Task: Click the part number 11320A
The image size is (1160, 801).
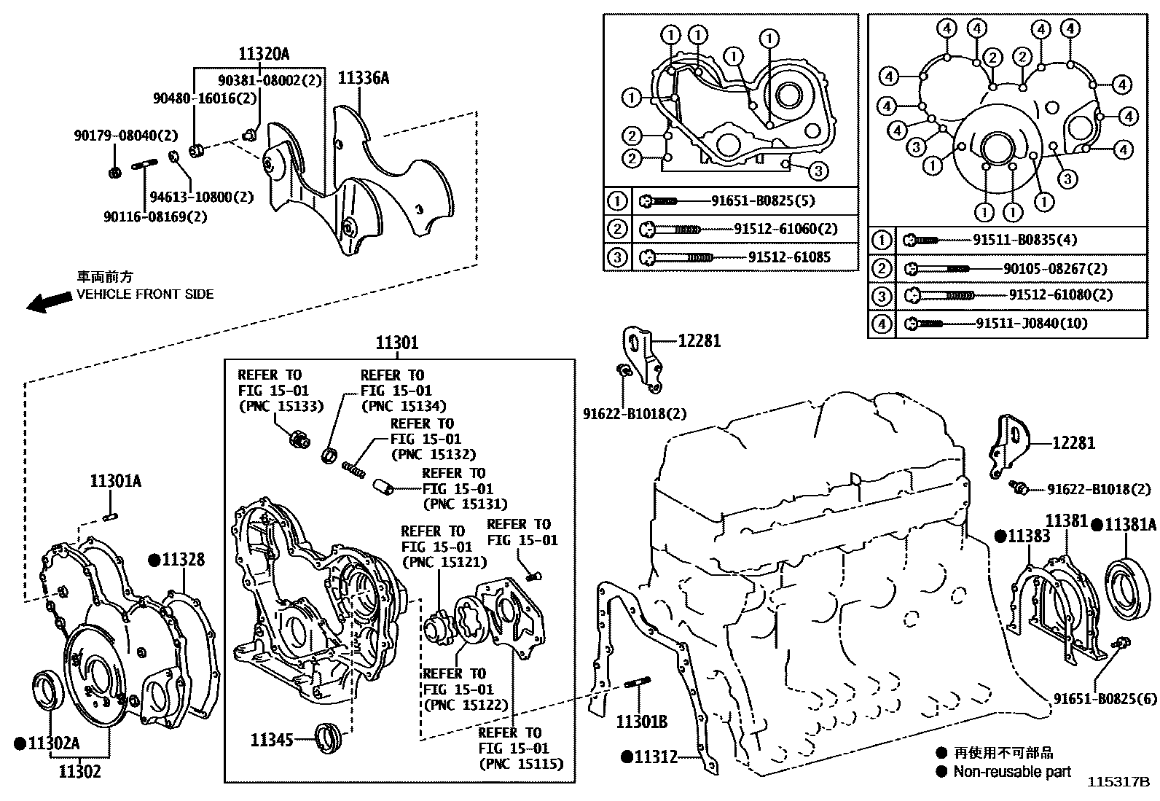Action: (x=263, y=53)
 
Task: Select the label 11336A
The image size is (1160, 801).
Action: (x=363, y=78)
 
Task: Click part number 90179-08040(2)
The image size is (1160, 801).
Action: (x=125, y=136)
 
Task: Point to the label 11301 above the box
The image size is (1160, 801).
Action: (x=397, y=343)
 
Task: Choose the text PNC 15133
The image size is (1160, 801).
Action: (x=281, y=406)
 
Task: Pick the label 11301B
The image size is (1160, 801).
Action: (x=641, y=722)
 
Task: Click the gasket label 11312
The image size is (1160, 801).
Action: (x=654, y=757)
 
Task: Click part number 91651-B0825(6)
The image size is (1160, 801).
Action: (x=1105, y=698)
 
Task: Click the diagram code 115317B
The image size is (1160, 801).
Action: (x=1118, y=782)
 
